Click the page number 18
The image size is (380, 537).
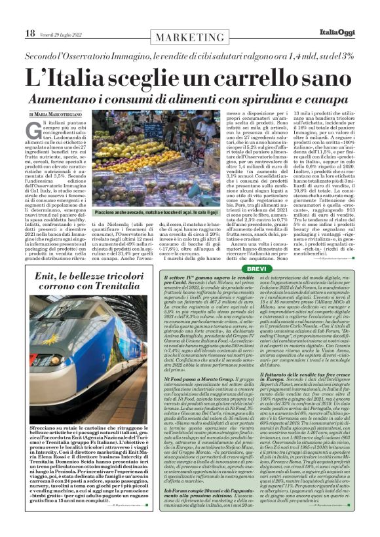(29, 33)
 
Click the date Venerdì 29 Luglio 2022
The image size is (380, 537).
(61, 33)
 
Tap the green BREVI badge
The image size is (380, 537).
(257, 269)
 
